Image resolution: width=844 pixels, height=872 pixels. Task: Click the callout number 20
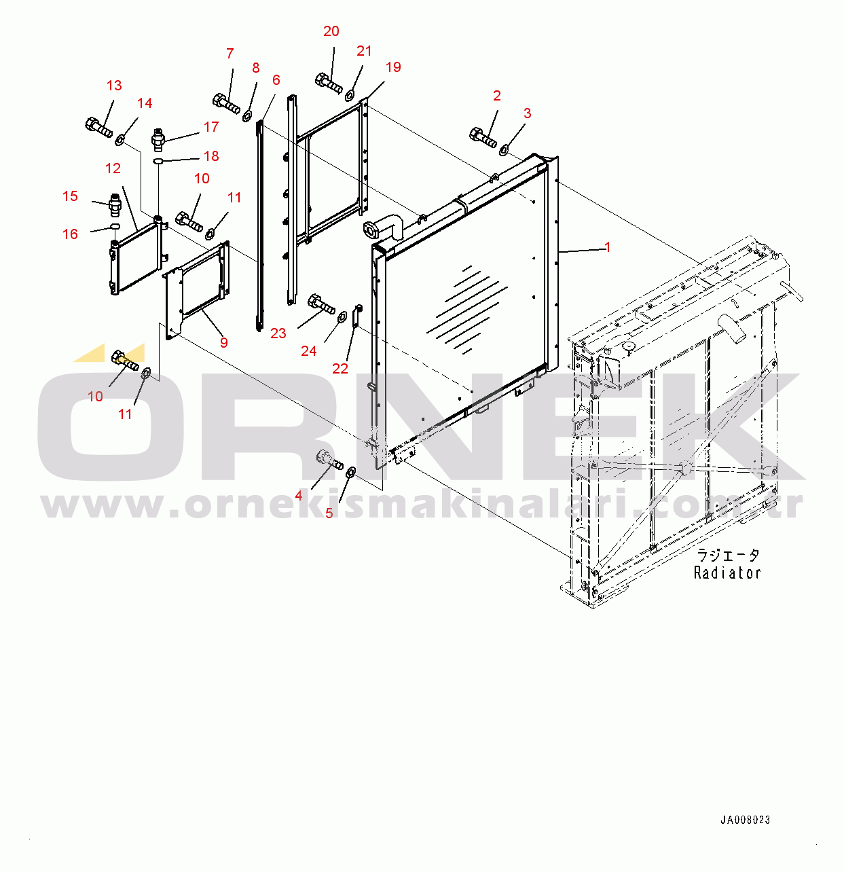(x=331, y=31)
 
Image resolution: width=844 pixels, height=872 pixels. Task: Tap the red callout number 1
(x=608, y=247)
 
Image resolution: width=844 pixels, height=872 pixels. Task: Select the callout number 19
(x=393, y=67)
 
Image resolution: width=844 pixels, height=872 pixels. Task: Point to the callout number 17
(x=211, y=127)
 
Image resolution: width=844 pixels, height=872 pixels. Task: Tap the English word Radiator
(x=727, y=573)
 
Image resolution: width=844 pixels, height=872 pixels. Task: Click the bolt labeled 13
(x=98, y=127)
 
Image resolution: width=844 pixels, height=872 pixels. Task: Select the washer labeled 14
(x=120, y=139)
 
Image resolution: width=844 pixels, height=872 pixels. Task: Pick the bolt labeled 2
(x=483, y=137)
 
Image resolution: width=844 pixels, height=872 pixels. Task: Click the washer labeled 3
(x=504, y=149)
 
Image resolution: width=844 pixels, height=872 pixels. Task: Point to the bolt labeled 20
(x=329, y=84)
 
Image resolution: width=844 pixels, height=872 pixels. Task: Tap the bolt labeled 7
(x=226, y=103)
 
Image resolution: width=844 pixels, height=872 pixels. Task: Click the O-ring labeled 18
(x=158, y=161)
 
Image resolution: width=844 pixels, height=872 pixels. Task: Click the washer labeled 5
(x=352, y=472)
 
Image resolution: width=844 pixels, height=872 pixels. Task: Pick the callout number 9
(x=223, y=343)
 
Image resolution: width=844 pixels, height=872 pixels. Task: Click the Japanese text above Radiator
(x=727, y=556)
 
